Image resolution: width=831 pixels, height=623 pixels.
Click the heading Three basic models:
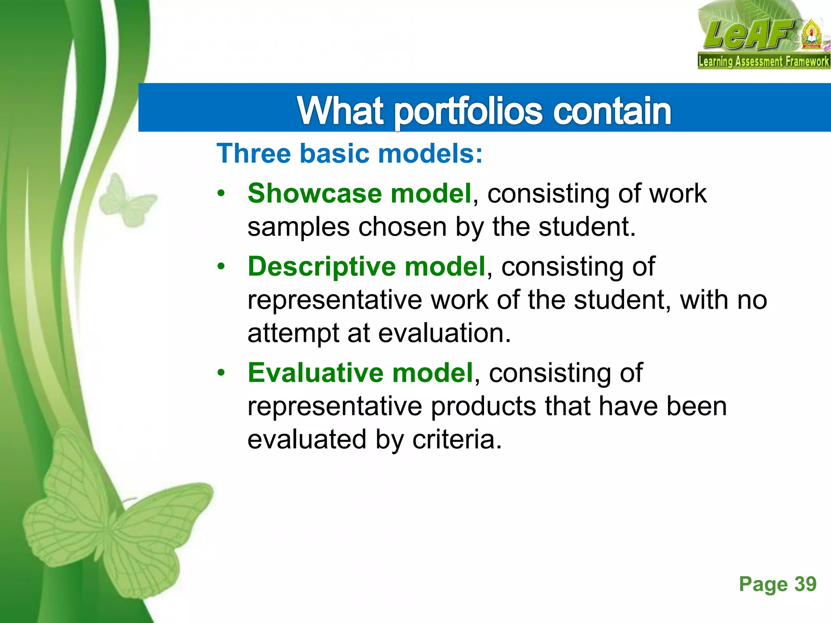tap(350, 154)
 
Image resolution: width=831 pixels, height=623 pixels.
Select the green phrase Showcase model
tap(360, 193)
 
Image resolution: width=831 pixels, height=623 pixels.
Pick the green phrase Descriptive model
tap(367, 266)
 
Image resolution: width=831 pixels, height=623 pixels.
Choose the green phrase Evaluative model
tap(360, 373)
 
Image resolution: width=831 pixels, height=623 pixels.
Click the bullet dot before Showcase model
tap(221, 193)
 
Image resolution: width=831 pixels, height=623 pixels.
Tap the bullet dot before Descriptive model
tap(221, 267)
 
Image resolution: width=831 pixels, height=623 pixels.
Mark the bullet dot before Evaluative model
tap(221, 373)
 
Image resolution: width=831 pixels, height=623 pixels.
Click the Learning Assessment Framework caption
tap(763, 62)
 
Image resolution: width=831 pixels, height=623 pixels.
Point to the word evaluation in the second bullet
tap(444, 333)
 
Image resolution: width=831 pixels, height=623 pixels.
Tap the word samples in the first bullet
tap(298, 227)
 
